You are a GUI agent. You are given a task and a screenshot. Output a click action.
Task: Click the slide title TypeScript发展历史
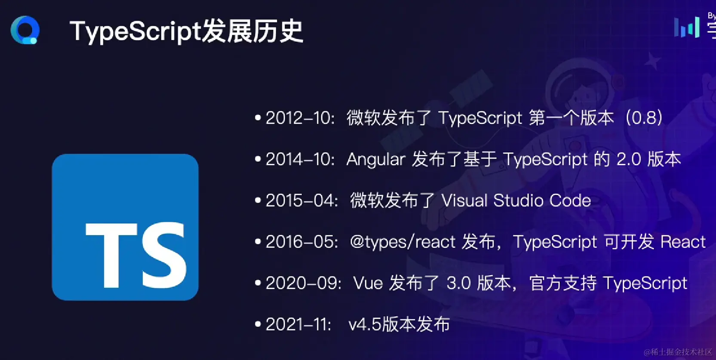(186, 31)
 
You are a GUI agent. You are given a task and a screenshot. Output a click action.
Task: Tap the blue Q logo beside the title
(25, 30)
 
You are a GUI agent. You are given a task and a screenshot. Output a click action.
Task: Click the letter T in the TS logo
(111, 255)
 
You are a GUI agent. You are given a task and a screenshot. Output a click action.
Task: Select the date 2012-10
(300, 118)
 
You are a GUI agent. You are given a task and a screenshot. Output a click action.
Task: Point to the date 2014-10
(300, 159)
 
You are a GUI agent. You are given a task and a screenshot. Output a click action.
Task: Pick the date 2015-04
(301, 200)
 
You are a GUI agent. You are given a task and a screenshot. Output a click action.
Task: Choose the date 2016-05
(301, 242)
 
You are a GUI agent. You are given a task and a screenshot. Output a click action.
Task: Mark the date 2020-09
(303, 283)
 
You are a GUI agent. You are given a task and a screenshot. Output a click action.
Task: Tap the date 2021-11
(298, 324)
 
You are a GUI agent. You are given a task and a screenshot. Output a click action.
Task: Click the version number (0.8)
(644, 118)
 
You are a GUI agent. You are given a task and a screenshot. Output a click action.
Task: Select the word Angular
(376, 160)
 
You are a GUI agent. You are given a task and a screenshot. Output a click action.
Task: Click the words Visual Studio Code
(516, 200)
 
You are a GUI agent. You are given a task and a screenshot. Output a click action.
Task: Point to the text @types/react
(403, 242)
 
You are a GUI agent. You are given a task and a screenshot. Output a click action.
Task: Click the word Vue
(368, 283)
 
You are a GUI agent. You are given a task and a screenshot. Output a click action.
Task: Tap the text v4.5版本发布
(399, 324)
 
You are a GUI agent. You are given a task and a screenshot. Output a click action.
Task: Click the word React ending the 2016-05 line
(683, 242)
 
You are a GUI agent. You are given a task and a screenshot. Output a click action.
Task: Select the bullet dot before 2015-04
(258, 200)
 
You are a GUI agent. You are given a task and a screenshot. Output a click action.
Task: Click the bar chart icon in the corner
(687, 27)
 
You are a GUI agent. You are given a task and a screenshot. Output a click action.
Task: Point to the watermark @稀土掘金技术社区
(678, 352)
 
